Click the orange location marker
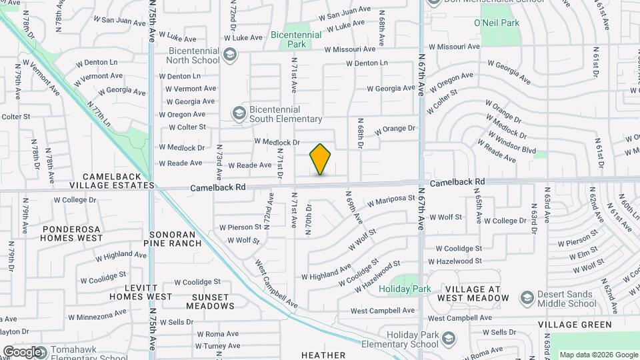tap(321, 159)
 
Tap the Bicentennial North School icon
tap(230, 55)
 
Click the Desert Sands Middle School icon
tap(527, 296)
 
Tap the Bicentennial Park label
tap(296, 39)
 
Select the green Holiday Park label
tap(405, 289)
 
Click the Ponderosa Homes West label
tap(72, 233)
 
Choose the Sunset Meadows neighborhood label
tap(210, 301)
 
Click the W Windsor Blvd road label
tap(511, 141)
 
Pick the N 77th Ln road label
tap(99, 115)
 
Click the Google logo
tap(21, 351)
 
